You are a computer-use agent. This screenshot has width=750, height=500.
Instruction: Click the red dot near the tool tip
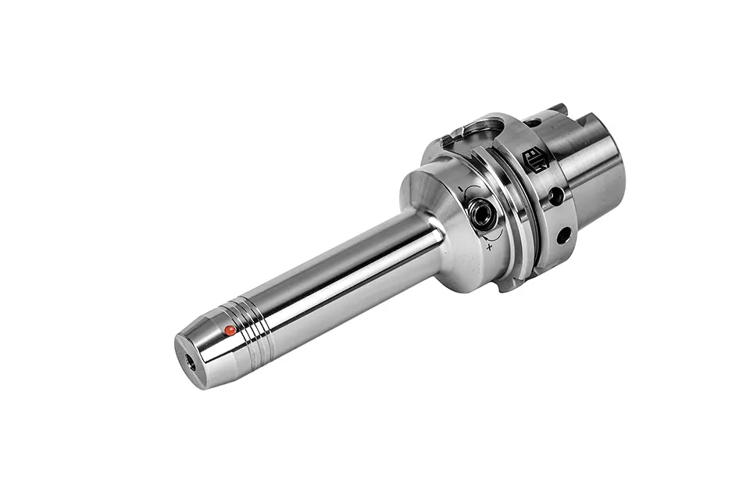[x=230, y=330]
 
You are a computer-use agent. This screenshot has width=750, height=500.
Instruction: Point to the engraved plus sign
[x=489, y=246]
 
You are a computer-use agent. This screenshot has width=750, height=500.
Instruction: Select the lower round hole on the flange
[x=562, y=233]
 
